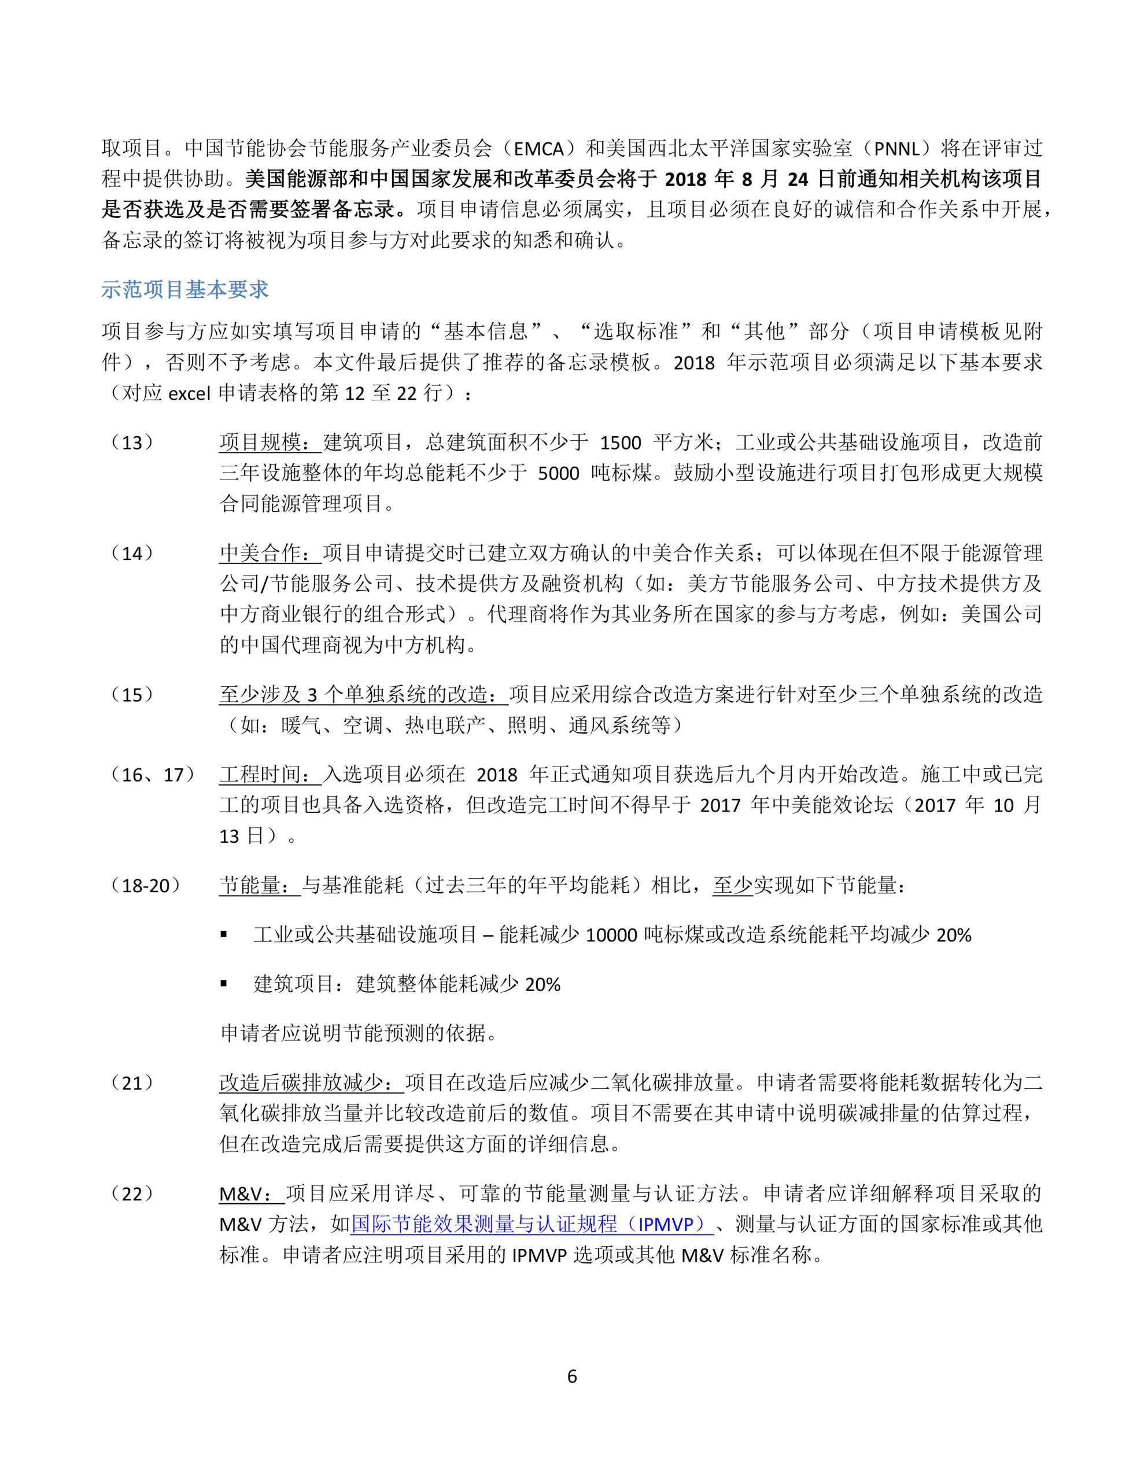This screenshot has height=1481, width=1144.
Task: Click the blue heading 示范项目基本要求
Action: coord(184,290)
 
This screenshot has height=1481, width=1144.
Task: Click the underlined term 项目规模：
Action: coord(271,443)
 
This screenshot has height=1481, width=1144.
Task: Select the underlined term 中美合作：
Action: coord(271,553)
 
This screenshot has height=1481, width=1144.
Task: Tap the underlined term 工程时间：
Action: coord(271,775)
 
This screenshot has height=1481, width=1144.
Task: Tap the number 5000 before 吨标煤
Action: coord(558,474)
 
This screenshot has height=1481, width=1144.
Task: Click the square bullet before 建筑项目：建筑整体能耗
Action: coord(224,983)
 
